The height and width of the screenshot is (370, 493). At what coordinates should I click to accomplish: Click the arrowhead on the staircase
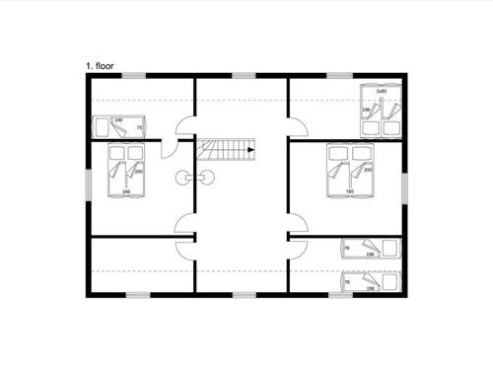251,150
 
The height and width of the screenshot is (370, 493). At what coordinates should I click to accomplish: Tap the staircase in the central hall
226,150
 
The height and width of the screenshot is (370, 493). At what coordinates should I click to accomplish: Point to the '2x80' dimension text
382,91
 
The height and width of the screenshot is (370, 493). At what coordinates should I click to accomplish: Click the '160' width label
126,191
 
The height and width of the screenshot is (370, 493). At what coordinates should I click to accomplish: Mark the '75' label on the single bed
139,128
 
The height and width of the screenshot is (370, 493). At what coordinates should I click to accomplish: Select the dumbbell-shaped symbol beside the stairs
194,177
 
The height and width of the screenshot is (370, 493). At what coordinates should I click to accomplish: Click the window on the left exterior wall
89,184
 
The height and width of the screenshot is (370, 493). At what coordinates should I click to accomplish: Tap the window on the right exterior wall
404,186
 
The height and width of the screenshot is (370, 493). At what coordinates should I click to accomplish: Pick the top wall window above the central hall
244,75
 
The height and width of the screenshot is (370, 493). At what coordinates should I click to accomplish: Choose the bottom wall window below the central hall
244,294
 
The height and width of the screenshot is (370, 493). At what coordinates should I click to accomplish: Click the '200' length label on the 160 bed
138,172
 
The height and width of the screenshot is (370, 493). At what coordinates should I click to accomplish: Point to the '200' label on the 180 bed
367,171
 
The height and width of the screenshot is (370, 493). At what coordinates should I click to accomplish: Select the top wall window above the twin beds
340,75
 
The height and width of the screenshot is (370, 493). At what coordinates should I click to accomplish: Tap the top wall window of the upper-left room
133,75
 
